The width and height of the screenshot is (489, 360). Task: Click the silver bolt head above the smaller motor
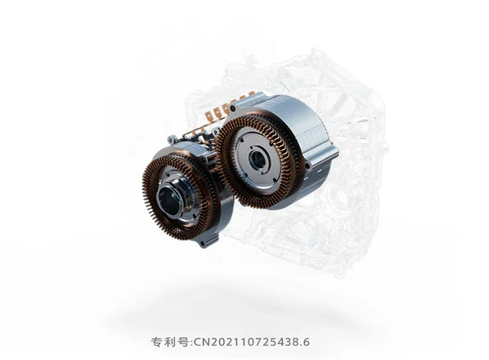[172, 139]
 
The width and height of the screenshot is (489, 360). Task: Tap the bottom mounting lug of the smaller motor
[211, 241]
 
